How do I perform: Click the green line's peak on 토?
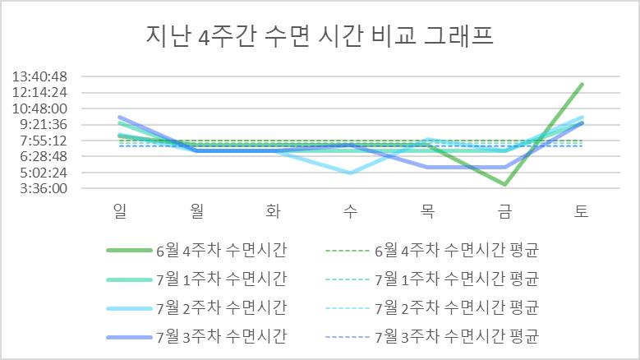pos(582,85)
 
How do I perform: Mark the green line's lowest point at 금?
pos(504,185)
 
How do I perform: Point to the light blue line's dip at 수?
pos(351,173)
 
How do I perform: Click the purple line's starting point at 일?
pos(120,118)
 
